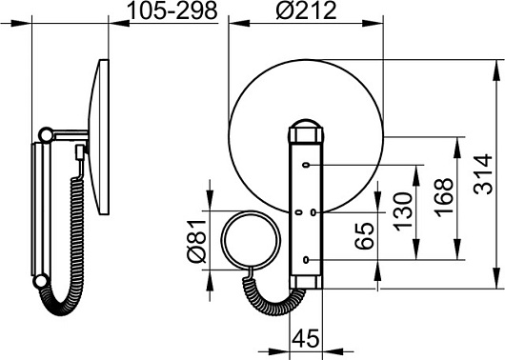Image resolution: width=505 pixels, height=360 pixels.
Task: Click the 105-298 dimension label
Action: (172, 11)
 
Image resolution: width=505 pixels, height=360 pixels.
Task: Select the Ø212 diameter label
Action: (306, 10)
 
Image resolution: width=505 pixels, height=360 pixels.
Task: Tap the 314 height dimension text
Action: (484, 174)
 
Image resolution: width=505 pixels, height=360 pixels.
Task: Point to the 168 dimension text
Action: (443, 197)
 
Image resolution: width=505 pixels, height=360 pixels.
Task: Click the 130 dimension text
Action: (403, 211)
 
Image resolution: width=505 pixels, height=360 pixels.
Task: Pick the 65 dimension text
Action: (365, 236)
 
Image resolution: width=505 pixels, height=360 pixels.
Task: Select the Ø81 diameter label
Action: (196, 241)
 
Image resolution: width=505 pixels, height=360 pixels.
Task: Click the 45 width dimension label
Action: (305, 339)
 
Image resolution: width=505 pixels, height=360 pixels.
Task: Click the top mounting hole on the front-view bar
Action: (306, 165)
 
